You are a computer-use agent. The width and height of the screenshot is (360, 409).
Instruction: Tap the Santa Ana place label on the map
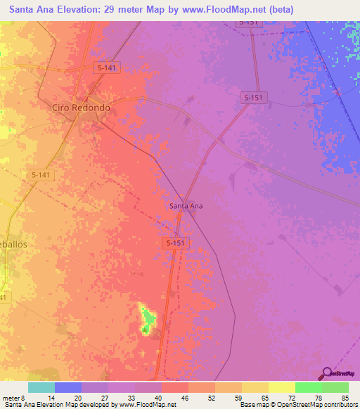(x=186, y=206)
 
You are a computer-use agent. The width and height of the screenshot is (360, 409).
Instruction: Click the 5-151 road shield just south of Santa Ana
(x=176, y=242)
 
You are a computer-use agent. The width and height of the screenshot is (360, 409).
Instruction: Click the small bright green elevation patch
(x=147, y=320)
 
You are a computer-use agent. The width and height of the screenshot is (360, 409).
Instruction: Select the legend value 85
(x=345, y=397)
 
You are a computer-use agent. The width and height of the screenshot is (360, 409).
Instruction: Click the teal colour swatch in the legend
(x=41, y=387)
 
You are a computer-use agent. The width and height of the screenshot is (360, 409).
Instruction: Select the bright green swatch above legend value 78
(x=308, y=387)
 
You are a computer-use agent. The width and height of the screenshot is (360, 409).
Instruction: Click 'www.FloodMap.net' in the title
(x=223, y=10)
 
